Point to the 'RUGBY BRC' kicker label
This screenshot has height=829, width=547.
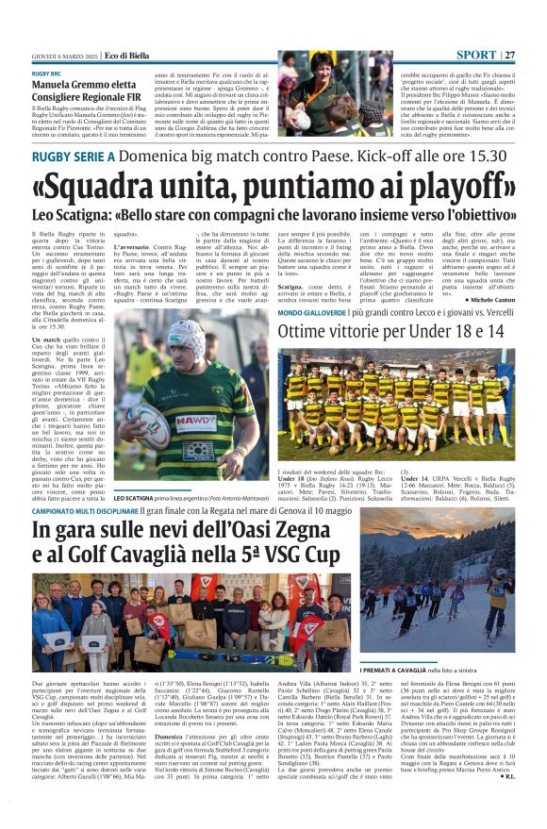click(x=46, y=74)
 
